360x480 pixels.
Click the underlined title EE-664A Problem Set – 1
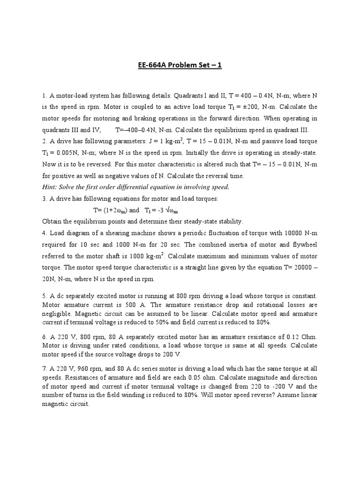pos(180,65)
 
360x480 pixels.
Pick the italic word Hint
pos(50,187)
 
